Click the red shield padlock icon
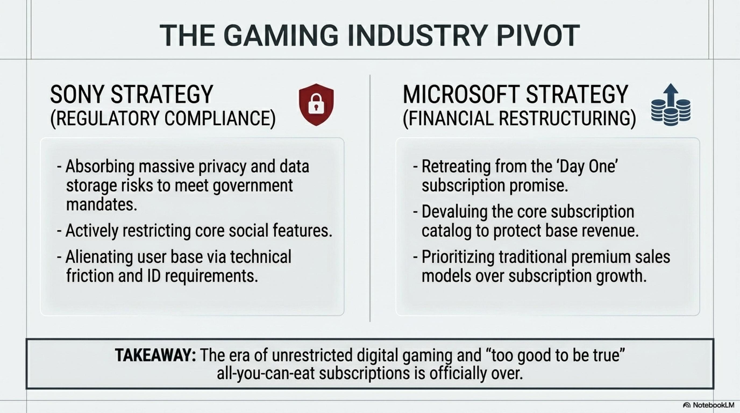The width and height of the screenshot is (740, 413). point(316,105)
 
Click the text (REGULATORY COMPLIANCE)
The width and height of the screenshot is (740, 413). point(163,118)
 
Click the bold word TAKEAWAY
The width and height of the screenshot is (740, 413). point(155,355)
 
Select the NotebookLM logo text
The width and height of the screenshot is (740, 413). point(713,405)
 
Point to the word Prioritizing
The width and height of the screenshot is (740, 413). point(458,257)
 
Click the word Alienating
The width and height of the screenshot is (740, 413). point(99,257)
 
